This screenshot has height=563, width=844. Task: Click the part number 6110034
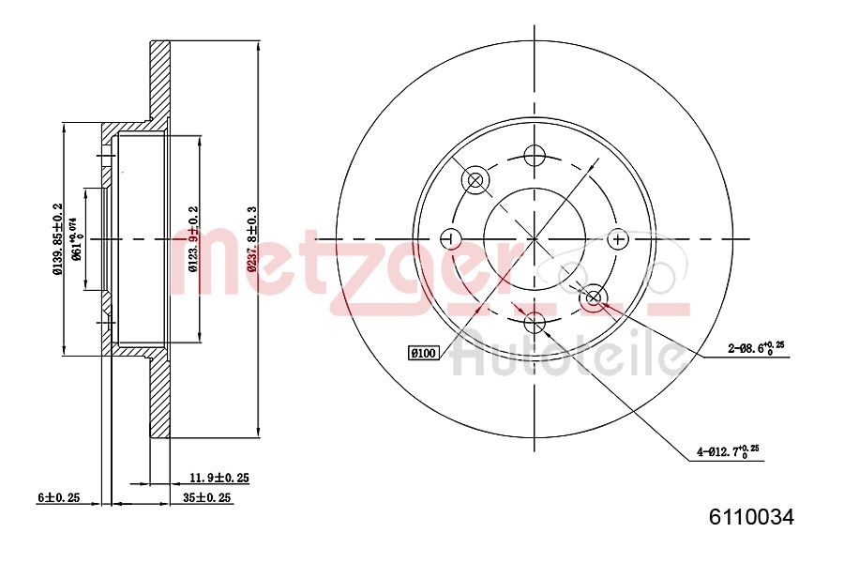coord(751,517)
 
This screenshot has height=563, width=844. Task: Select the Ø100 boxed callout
coord(424,353)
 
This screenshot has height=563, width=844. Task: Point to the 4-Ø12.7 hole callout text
coord(727,453)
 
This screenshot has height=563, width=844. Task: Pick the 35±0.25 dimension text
coord(207,498)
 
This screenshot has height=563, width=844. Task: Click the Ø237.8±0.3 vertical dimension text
coord(250,239)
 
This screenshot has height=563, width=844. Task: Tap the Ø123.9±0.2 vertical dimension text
coord(193,239)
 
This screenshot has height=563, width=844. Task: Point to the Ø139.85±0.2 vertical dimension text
coord(57,240)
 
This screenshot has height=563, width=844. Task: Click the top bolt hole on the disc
coord(535,156)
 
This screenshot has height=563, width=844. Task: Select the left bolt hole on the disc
coord(451,238)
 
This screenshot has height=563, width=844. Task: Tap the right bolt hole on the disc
coord(617,238)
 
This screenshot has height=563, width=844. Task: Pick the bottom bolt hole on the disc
coord(535,324)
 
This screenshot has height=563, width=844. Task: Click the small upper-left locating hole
coord(475,179)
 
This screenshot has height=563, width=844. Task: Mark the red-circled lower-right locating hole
coord(594,298)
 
